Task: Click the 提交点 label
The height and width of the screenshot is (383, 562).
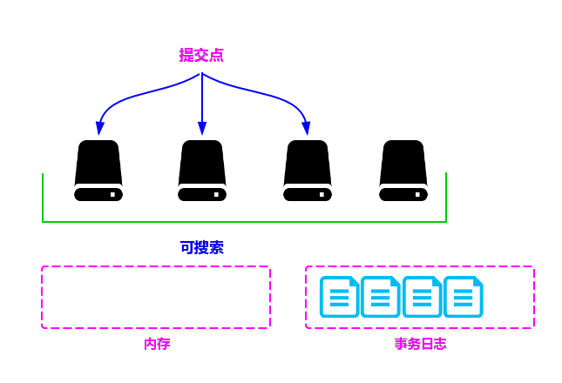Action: (201, 55)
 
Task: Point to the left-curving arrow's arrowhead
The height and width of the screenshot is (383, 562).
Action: (100, 129)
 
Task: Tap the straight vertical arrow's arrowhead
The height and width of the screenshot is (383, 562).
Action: (202, 129)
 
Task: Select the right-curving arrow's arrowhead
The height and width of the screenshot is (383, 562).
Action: (306, 129)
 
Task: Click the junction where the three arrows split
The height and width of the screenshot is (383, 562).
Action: (202, 75)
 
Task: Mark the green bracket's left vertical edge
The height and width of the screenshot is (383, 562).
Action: (43, 197)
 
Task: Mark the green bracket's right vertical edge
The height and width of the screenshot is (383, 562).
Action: (446, 197)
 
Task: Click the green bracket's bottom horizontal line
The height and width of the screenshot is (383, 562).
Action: (244, 222)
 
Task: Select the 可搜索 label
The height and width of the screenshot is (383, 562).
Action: (202, 247)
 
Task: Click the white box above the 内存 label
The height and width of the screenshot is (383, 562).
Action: (156, 297)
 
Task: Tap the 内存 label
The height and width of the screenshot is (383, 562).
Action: (157, 344)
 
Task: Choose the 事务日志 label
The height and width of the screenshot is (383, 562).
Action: (420, 344)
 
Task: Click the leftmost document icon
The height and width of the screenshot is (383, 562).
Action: (339, 297)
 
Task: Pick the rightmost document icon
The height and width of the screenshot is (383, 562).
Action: (463, 297)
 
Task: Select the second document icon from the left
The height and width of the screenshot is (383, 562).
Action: (380, 297)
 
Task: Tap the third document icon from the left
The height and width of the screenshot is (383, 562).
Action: (422, 297)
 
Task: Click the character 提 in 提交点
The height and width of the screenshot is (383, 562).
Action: (186, 55)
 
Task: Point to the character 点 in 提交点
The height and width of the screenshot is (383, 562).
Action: (216, 55)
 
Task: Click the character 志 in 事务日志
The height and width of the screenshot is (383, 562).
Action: (440, 344)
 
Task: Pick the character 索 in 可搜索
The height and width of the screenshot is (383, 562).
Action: (216, 247)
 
